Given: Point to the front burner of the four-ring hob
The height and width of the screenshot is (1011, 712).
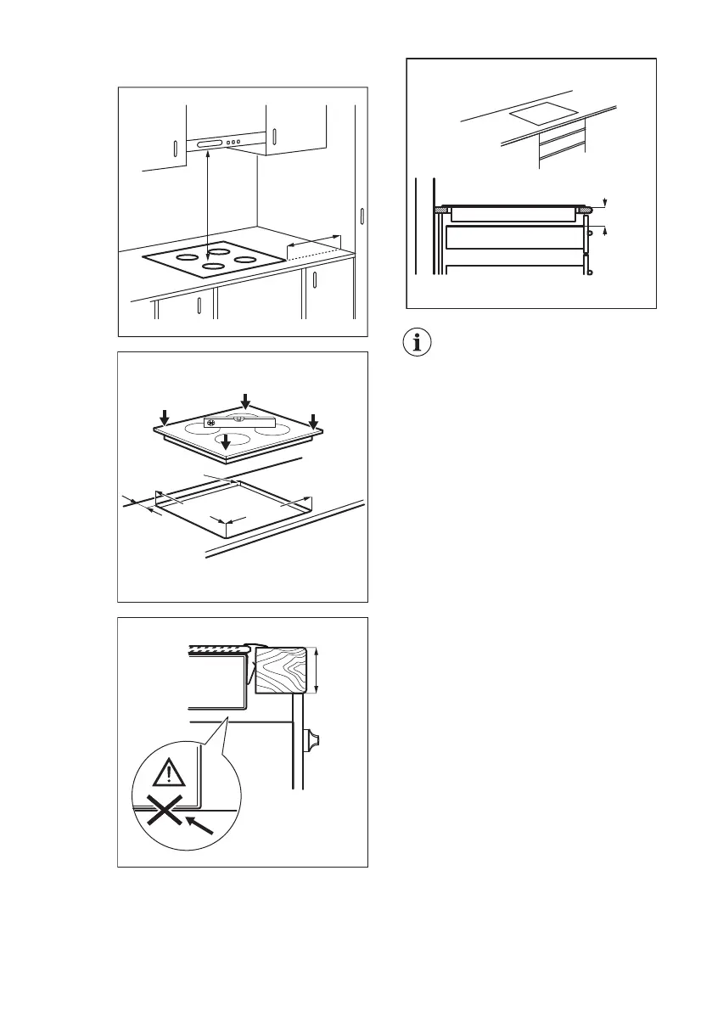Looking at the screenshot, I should pos(212,267).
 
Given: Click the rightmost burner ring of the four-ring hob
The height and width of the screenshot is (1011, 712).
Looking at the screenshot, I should pos(245,259).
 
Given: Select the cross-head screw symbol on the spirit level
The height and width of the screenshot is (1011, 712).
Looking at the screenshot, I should pos(211,423).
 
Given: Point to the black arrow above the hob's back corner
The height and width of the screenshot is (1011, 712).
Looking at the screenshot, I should pos(246,401).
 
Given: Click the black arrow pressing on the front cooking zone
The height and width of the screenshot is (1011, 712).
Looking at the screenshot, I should pos(225,443).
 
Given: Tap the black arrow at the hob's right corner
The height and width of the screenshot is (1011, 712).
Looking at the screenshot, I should pos(313,420).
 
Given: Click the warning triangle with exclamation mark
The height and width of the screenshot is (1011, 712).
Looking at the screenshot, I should pos(169,774).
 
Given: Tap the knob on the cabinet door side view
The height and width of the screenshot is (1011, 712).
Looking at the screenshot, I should pos(316,742).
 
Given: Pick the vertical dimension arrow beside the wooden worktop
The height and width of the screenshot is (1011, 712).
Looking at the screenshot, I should pos(316,671).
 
